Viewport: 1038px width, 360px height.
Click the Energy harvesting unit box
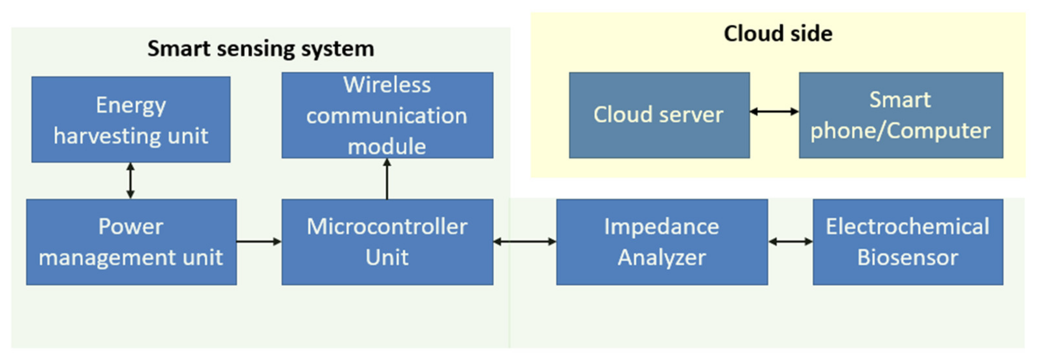click(131, 120)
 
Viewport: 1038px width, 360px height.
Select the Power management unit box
click(131, 242)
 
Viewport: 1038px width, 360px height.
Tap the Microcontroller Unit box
click(387, 242)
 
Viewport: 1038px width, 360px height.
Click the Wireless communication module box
click(387, 115)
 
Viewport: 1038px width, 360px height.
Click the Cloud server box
click(659, 115)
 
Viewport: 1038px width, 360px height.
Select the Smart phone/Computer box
click(901, 115)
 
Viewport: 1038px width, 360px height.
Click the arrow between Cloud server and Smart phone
click(774, 112)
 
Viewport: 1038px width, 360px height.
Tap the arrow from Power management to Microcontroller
click(259, 241)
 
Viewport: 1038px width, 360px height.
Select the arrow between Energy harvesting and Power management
click(130, 181)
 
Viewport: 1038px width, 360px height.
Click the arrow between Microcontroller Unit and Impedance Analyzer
click(525, 241)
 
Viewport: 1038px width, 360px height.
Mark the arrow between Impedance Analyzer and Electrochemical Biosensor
click(790, 241)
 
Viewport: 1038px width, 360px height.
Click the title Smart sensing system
click(261, 49)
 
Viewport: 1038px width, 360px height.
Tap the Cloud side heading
click(778, 33)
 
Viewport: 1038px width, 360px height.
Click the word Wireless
click(387, 85)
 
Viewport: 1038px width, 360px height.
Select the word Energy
click(131, 106)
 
